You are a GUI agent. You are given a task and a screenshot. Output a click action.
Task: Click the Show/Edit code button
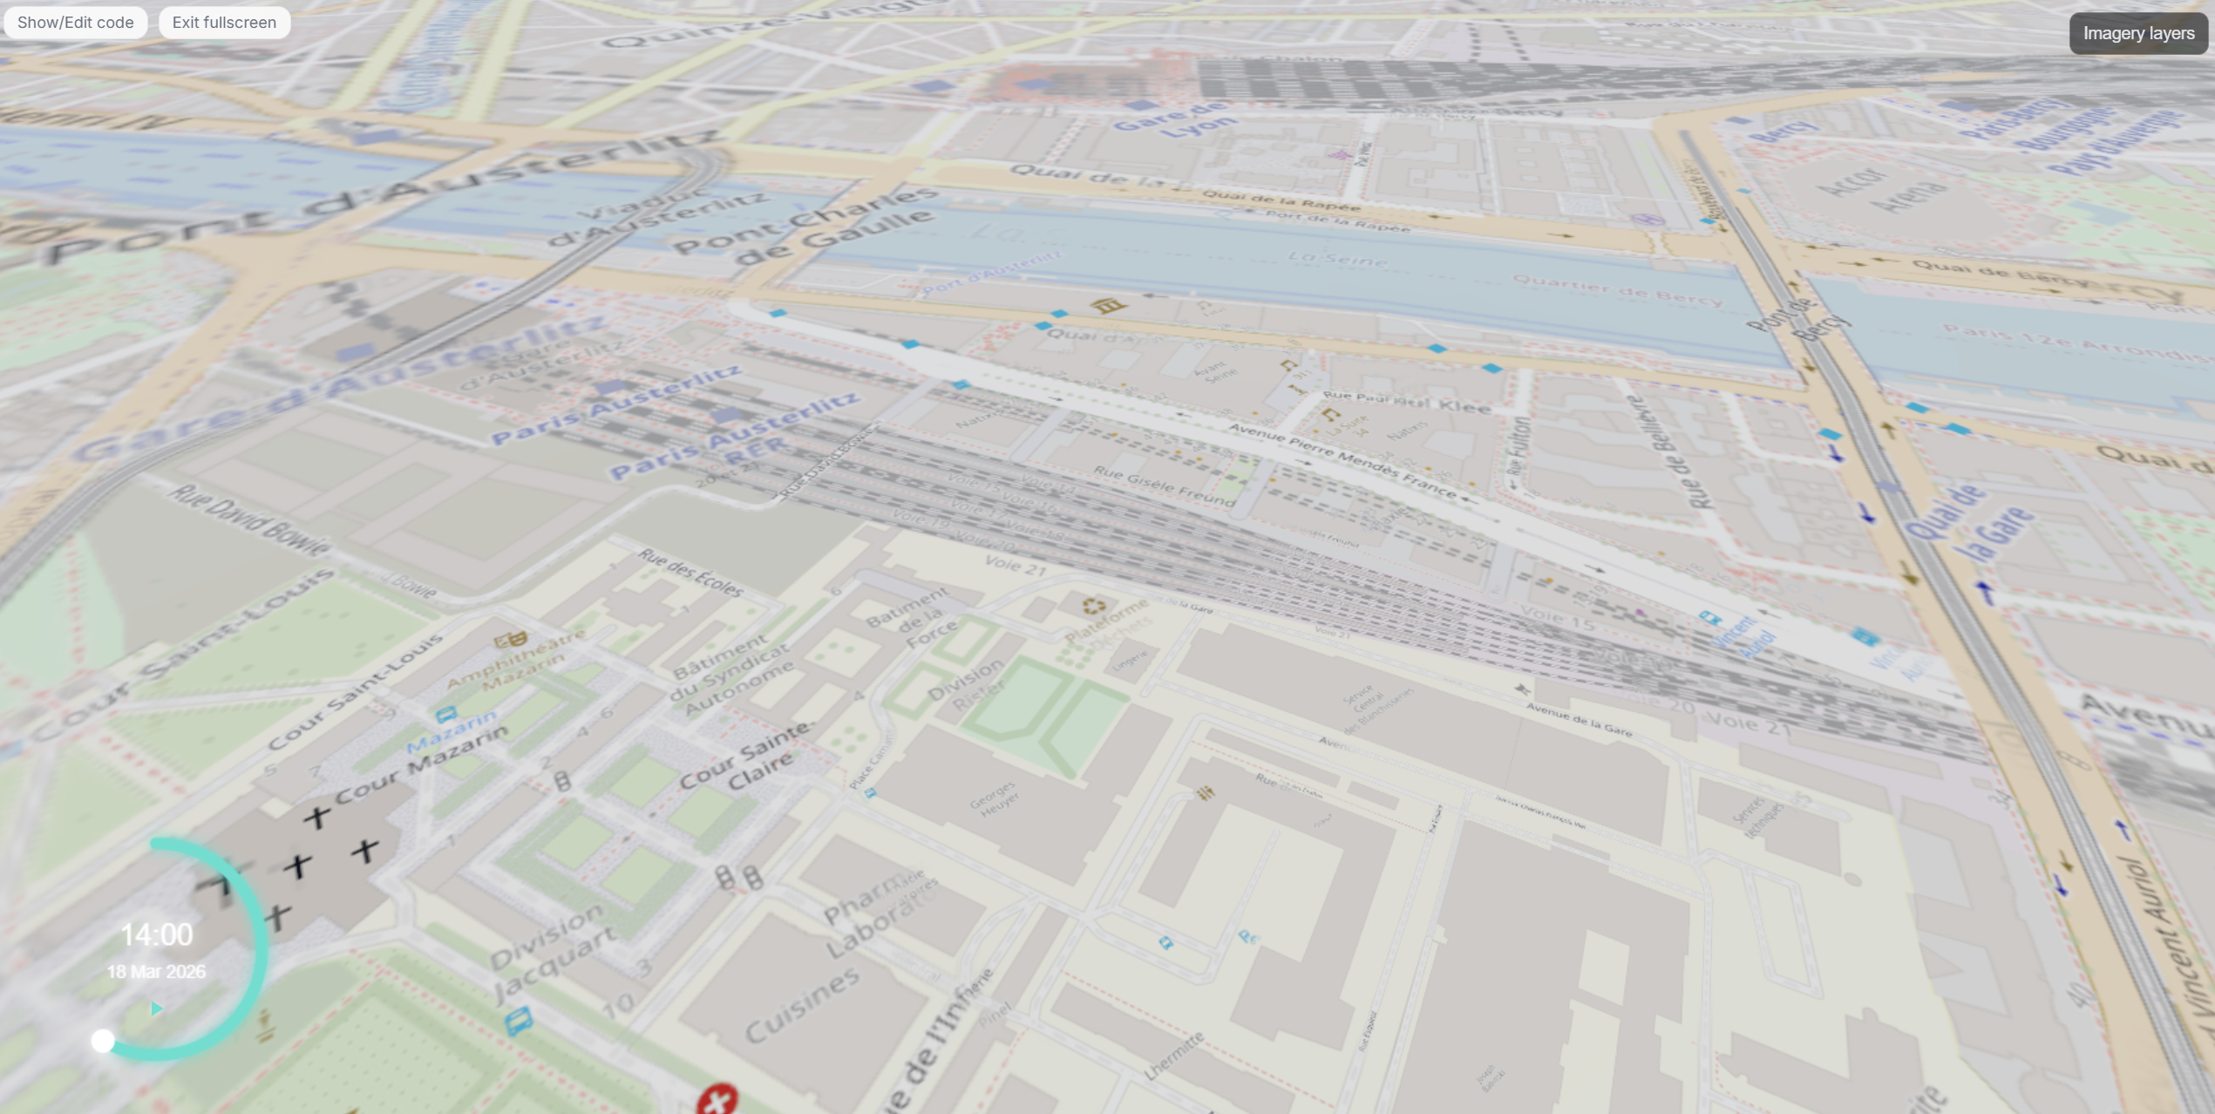coord(75,23)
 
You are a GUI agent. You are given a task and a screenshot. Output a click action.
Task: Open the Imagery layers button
coord(2137,34)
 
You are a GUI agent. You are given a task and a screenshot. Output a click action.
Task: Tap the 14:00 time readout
coord(156,935)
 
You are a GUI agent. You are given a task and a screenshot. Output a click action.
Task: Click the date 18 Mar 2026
coord(156,972)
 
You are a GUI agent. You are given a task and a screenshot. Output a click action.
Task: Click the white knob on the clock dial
coord(103,1041)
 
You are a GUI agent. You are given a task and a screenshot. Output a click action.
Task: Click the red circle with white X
coord(717,1100)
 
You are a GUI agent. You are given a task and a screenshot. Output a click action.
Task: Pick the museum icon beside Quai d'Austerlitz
coord(1107,305)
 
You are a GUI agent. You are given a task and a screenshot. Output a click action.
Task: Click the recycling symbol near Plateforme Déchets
coord(1094,605)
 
